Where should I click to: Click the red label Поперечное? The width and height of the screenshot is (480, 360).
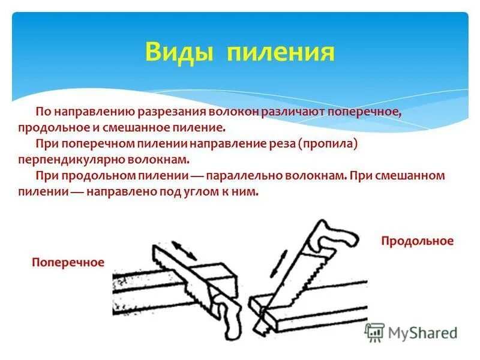[68, 262]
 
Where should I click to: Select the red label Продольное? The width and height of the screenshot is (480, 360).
[417, 241]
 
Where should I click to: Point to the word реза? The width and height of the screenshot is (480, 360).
[280, 144]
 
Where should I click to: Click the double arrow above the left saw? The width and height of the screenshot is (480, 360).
[185, 250]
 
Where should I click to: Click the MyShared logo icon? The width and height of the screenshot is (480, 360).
[374, 332]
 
